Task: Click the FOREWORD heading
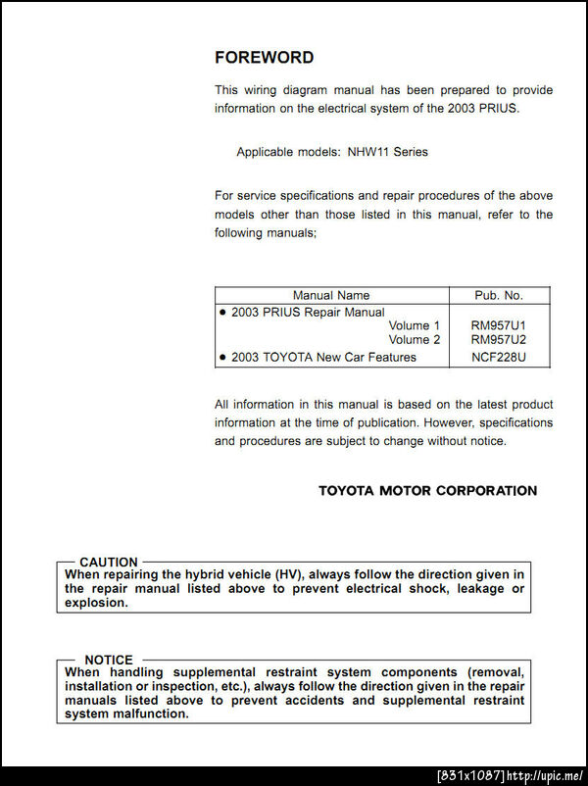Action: click(x=264, y=58)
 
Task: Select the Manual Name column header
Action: click(x=331, y=295)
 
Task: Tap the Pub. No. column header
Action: click(x=498, y=295)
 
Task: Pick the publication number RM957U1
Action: click(x=498, y=325)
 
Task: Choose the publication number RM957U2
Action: click(x=498, y=340)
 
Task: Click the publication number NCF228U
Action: click(x=498, y=357)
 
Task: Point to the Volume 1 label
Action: click(x=415, y=325)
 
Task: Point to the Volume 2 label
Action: click(x=415, y=340)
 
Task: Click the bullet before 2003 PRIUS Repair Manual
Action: click(x=223, y=312)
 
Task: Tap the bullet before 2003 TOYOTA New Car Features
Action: click(x=223, y=357)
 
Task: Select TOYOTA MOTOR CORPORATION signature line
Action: click(x=427, y=490)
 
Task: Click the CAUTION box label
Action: click(x=109, y=563)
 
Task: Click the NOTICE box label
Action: click(x=109, y=660)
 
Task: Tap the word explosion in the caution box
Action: click(x=96, y=603)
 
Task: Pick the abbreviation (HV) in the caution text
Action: click(x=288, y=574)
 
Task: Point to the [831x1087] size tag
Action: click(x=471, y=776)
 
